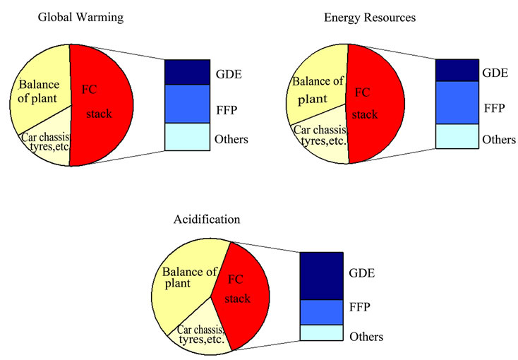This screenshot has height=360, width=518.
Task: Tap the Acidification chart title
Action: click(x=207, y=219)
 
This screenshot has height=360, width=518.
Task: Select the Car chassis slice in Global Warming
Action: click(x=47, y=145)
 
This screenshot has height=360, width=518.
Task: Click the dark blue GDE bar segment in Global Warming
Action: click(x=188, y=72)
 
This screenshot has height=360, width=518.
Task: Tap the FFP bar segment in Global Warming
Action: click(x=188, y=104)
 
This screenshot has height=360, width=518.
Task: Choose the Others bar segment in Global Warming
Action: click(x=188, y=137)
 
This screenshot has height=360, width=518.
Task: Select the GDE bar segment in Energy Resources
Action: click(x=457, y=70)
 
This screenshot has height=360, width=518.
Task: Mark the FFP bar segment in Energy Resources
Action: click(x=457, y=103)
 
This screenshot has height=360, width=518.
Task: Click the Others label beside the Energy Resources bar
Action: click(x=498, y=140)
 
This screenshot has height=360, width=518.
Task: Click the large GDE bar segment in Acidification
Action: click(x=321, y=275)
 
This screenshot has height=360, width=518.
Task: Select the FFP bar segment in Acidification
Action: click(x=321, y=312)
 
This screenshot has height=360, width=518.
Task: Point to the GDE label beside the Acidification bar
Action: click(x=361, y=271)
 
